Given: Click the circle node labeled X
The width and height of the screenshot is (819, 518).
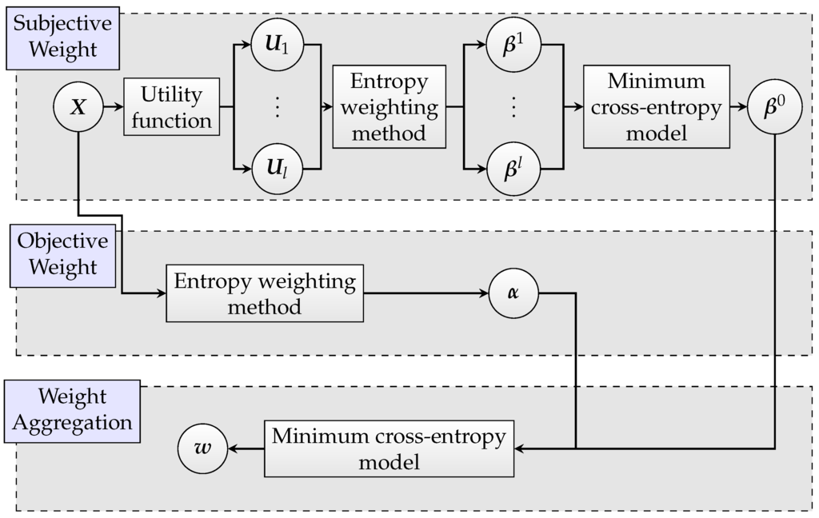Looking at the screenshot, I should (x=78, y=106).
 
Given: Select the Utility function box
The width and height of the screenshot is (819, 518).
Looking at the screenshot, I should (x=171, y=106).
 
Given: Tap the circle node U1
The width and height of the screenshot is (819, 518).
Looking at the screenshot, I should (x=278, y=43).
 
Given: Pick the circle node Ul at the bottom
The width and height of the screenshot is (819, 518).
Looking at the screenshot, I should (x=278, y=169).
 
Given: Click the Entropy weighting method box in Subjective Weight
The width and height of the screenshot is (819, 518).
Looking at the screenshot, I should (x=389, y=106).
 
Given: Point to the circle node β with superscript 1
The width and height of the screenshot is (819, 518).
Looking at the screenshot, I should (x=513, y=43).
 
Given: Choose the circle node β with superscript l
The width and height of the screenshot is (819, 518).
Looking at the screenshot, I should (x=513, y=169).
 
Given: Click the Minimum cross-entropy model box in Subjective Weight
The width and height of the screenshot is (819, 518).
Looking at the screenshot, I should (x=656, y=106).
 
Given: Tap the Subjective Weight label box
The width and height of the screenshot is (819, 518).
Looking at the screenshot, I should (x=63, y=38).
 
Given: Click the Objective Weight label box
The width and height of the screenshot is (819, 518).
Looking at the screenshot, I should (x=63, y=255).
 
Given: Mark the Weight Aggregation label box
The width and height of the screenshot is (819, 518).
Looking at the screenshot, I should (x=72, y=410).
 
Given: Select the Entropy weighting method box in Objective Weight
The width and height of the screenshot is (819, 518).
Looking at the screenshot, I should (x=265, y=293).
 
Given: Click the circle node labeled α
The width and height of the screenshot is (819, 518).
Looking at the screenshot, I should (x=513, y=293).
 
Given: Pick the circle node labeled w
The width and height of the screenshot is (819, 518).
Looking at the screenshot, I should (x=202, y=448).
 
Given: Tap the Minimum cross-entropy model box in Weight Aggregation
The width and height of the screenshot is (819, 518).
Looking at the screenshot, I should (x=390, y=448).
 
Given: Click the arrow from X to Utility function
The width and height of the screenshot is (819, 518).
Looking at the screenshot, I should (x=113, y=106).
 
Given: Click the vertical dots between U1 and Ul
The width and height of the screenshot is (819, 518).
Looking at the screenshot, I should (x=278, y=106).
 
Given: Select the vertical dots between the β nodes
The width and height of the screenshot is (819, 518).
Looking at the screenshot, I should (x=513, y=106).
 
